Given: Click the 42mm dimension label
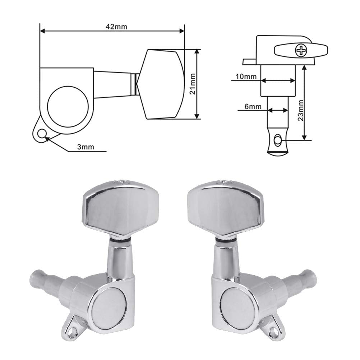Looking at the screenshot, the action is [x=116, y=27].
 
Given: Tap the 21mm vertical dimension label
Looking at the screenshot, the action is [x=193, y=84].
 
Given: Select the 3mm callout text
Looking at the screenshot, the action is [x=86, y=147].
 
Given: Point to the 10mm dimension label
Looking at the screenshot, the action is [x=246, y=76].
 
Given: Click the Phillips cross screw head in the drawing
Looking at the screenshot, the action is [x=300, y=51].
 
